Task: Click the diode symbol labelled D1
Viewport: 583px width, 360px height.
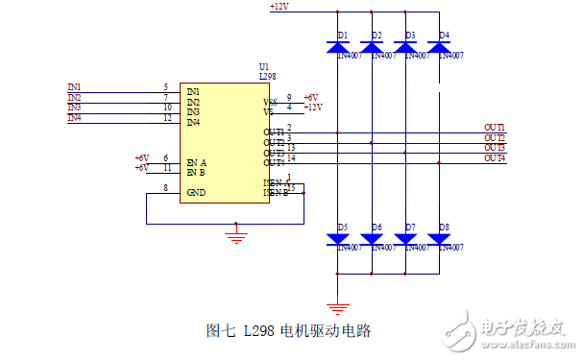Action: tap(337, 45)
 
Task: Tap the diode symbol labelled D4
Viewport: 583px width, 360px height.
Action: tap(441, 45)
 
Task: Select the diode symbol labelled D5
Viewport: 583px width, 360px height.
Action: tap(337, 238)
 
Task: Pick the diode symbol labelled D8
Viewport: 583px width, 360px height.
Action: tap(441, 238)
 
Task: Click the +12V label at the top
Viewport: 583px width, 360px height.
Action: tap(279, 7)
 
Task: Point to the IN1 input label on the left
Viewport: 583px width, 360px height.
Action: tap(75, 87)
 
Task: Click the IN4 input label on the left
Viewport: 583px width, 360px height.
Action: tap(75, 118)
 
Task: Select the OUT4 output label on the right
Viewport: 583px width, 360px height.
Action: tap(494, 157)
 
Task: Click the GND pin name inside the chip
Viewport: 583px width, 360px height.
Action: tap(196, 192)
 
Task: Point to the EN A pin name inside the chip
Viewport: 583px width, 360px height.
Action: tap(197, 162)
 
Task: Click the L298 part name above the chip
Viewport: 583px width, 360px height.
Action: tap(268, 75)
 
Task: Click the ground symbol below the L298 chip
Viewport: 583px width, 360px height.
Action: tap(236, 230)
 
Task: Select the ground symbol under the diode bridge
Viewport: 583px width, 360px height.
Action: tap(337, 307)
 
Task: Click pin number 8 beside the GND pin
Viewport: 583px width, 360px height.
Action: tap(166, 188)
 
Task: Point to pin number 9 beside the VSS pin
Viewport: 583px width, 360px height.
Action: tap(289, 97)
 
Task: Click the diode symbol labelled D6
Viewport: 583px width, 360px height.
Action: tap(372, 238)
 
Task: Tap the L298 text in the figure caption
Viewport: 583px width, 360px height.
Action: tap(259, 331)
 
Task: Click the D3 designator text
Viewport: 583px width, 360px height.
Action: tap(410, 36)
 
